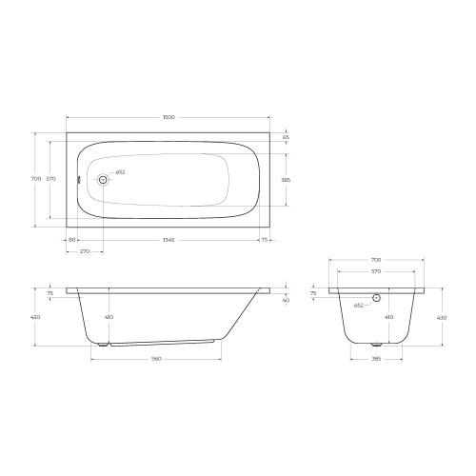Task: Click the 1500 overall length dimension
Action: coord(169,117)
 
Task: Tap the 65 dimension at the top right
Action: coord(286,137)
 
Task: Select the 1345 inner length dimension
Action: coord(169,240)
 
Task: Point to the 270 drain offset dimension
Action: coord(85,251)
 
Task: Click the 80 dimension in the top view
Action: coord(72,240)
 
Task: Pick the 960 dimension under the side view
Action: coord(156,359)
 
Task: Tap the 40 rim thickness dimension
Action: coord(286,300)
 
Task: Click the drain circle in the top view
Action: coord(103,180)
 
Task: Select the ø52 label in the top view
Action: coord(120,172)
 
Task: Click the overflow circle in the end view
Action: coord(376,298)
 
